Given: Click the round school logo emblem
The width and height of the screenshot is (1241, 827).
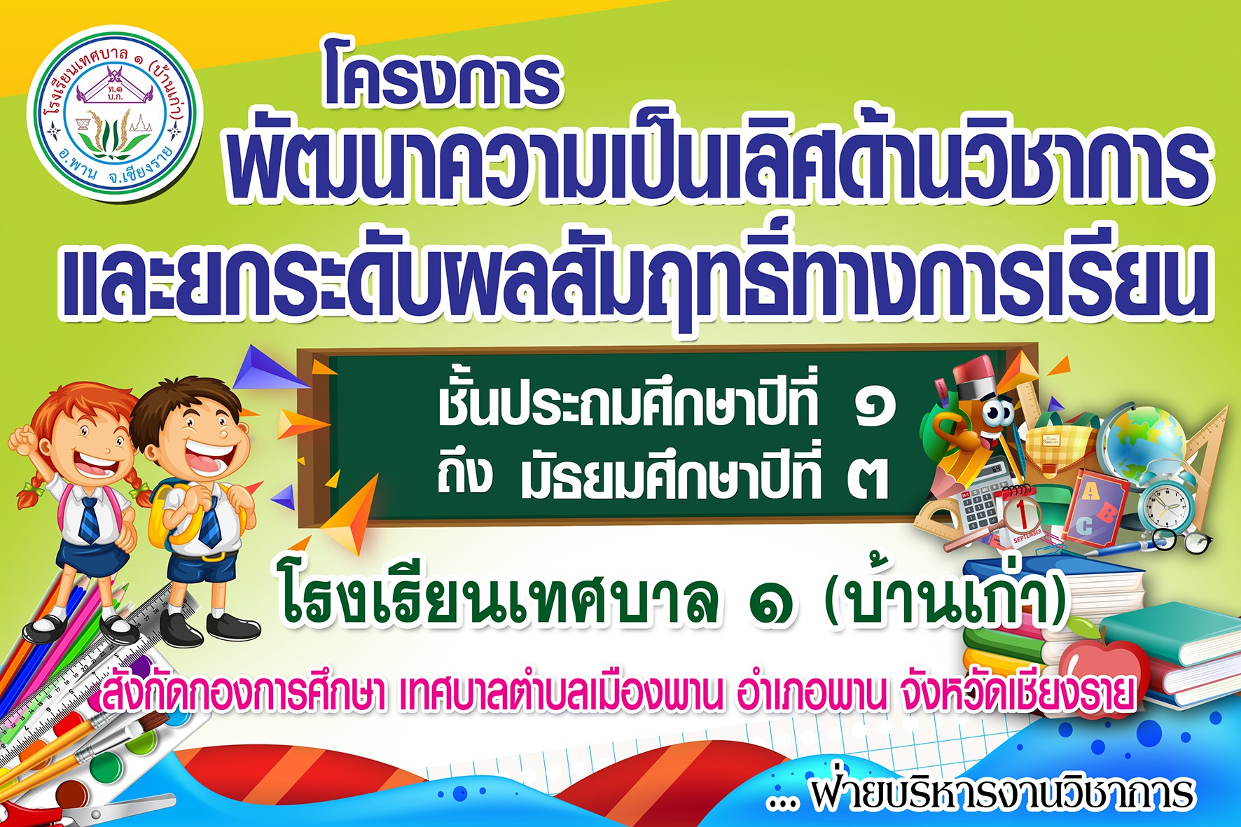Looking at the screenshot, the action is (x=114, y=113).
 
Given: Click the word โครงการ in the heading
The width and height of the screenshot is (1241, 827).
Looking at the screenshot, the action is (x=442, y=81).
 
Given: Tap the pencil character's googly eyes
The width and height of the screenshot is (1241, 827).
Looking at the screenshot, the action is (x=997, y=414).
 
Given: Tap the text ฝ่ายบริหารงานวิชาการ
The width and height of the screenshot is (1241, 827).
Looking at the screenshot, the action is (x=1001, y=793).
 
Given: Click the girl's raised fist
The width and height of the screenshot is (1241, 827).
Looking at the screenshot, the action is (x=23, y=440).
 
